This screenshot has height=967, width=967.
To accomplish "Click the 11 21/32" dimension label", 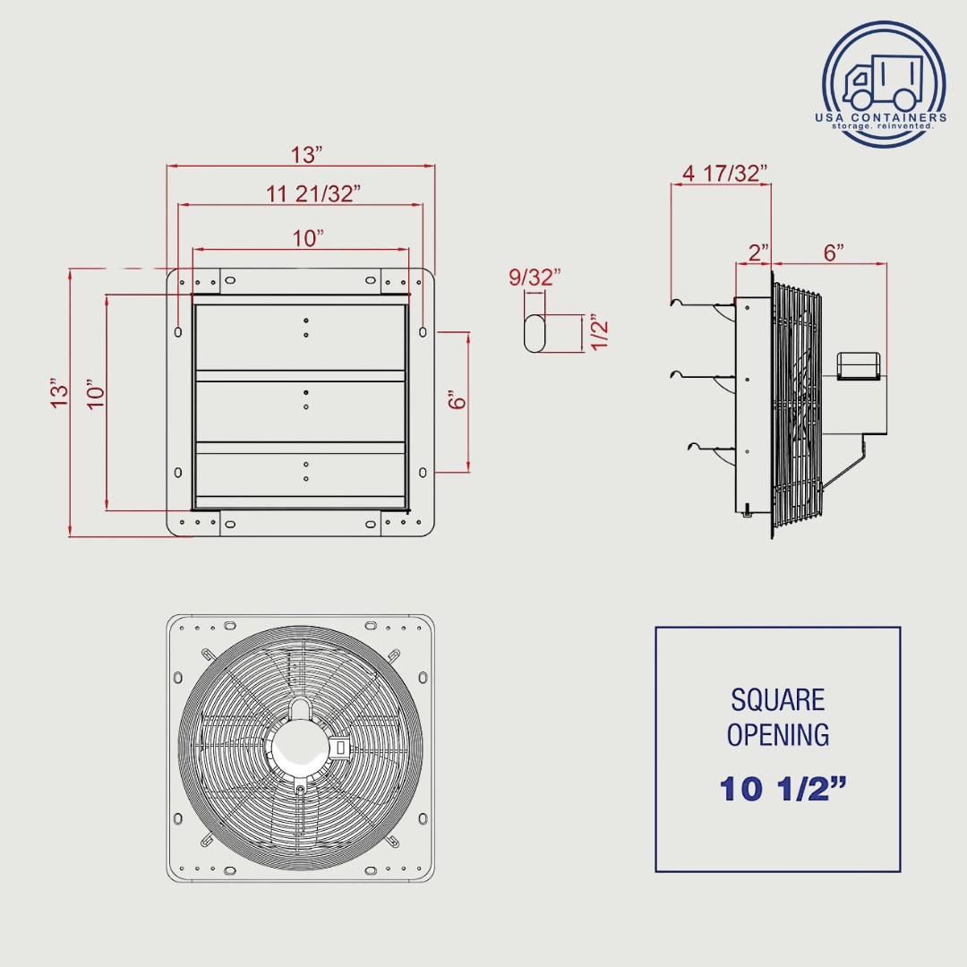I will coord(312,193).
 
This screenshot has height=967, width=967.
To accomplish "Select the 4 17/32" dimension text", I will coord(724,173).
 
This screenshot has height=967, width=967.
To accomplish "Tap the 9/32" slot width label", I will coord(535,278).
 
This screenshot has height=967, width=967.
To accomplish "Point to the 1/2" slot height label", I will coord(599,333).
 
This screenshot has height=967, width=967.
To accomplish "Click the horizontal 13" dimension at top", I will coord(306,154).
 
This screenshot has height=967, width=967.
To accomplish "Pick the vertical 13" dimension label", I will coord(59,393).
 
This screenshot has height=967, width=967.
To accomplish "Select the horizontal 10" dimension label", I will coord(307,238).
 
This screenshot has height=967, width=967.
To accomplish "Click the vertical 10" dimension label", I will coord(96,393).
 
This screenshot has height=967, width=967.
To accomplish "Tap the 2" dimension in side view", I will coord(758,252).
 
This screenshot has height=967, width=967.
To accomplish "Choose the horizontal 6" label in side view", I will coord(834,252).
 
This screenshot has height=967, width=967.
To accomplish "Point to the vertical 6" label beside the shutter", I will coord(458,400).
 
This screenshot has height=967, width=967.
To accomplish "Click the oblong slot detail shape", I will coord(535,333).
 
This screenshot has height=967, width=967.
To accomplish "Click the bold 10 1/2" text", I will coord(783,789).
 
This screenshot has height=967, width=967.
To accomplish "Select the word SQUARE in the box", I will coord(777,699).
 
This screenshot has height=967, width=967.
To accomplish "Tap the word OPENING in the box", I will coord(777,735).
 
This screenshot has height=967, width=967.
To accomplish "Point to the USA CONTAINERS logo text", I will coord(880,117).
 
